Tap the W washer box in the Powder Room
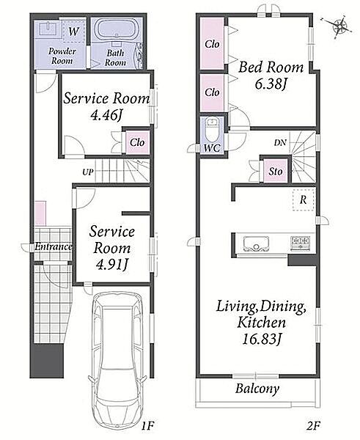point(73,32)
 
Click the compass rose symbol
point(340,27)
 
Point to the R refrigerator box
point(303,199)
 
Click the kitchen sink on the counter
point(256,244)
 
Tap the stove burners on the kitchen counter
point(301,243)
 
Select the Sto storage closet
point(275,171)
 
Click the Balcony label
point(257,389)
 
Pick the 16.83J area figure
point(262,340)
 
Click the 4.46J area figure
point(107,115)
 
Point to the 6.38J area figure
point(271,84)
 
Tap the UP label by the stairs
point(88,172)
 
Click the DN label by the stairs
point(280,143)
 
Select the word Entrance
point(54,246)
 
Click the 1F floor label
point(147,426)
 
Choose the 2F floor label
point(313,426)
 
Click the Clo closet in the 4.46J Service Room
point(137,142)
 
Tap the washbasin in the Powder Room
point(49,29)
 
